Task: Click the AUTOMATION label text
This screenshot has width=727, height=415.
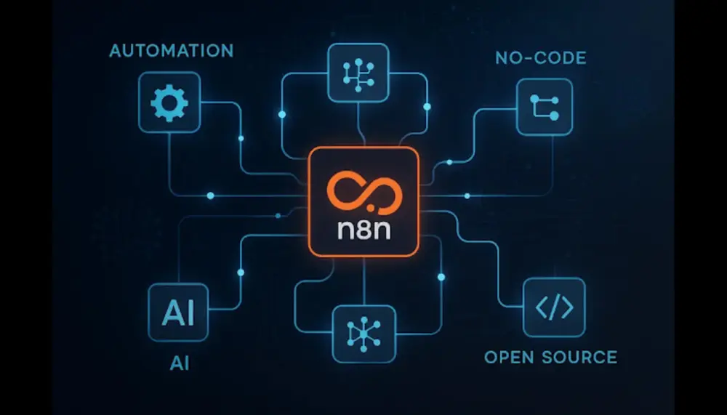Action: pyautogui.click(x=172, y=52)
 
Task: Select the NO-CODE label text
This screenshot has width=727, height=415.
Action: pyautogui.click(x=540, y=58)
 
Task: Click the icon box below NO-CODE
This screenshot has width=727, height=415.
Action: pyautogui.click(x=545, y=107)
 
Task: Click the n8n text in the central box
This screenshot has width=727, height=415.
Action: pyautogui.click(x=363, y=231)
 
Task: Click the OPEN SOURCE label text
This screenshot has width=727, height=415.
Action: pyautogui.click(x=550, y=358)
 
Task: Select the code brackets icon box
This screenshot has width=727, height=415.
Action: pyautogui.click(x=554, y=307)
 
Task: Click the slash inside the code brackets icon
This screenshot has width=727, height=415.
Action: pyautogui.click(x=554, y=307)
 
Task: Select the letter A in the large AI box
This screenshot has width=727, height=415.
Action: pyautogui.click(x=169, y=314)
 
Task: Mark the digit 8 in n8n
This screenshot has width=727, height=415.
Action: pyautogui.click(x=363, y=231)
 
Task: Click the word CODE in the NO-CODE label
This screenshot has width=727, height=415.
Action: pyautogui.click(x=559, y=58)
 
